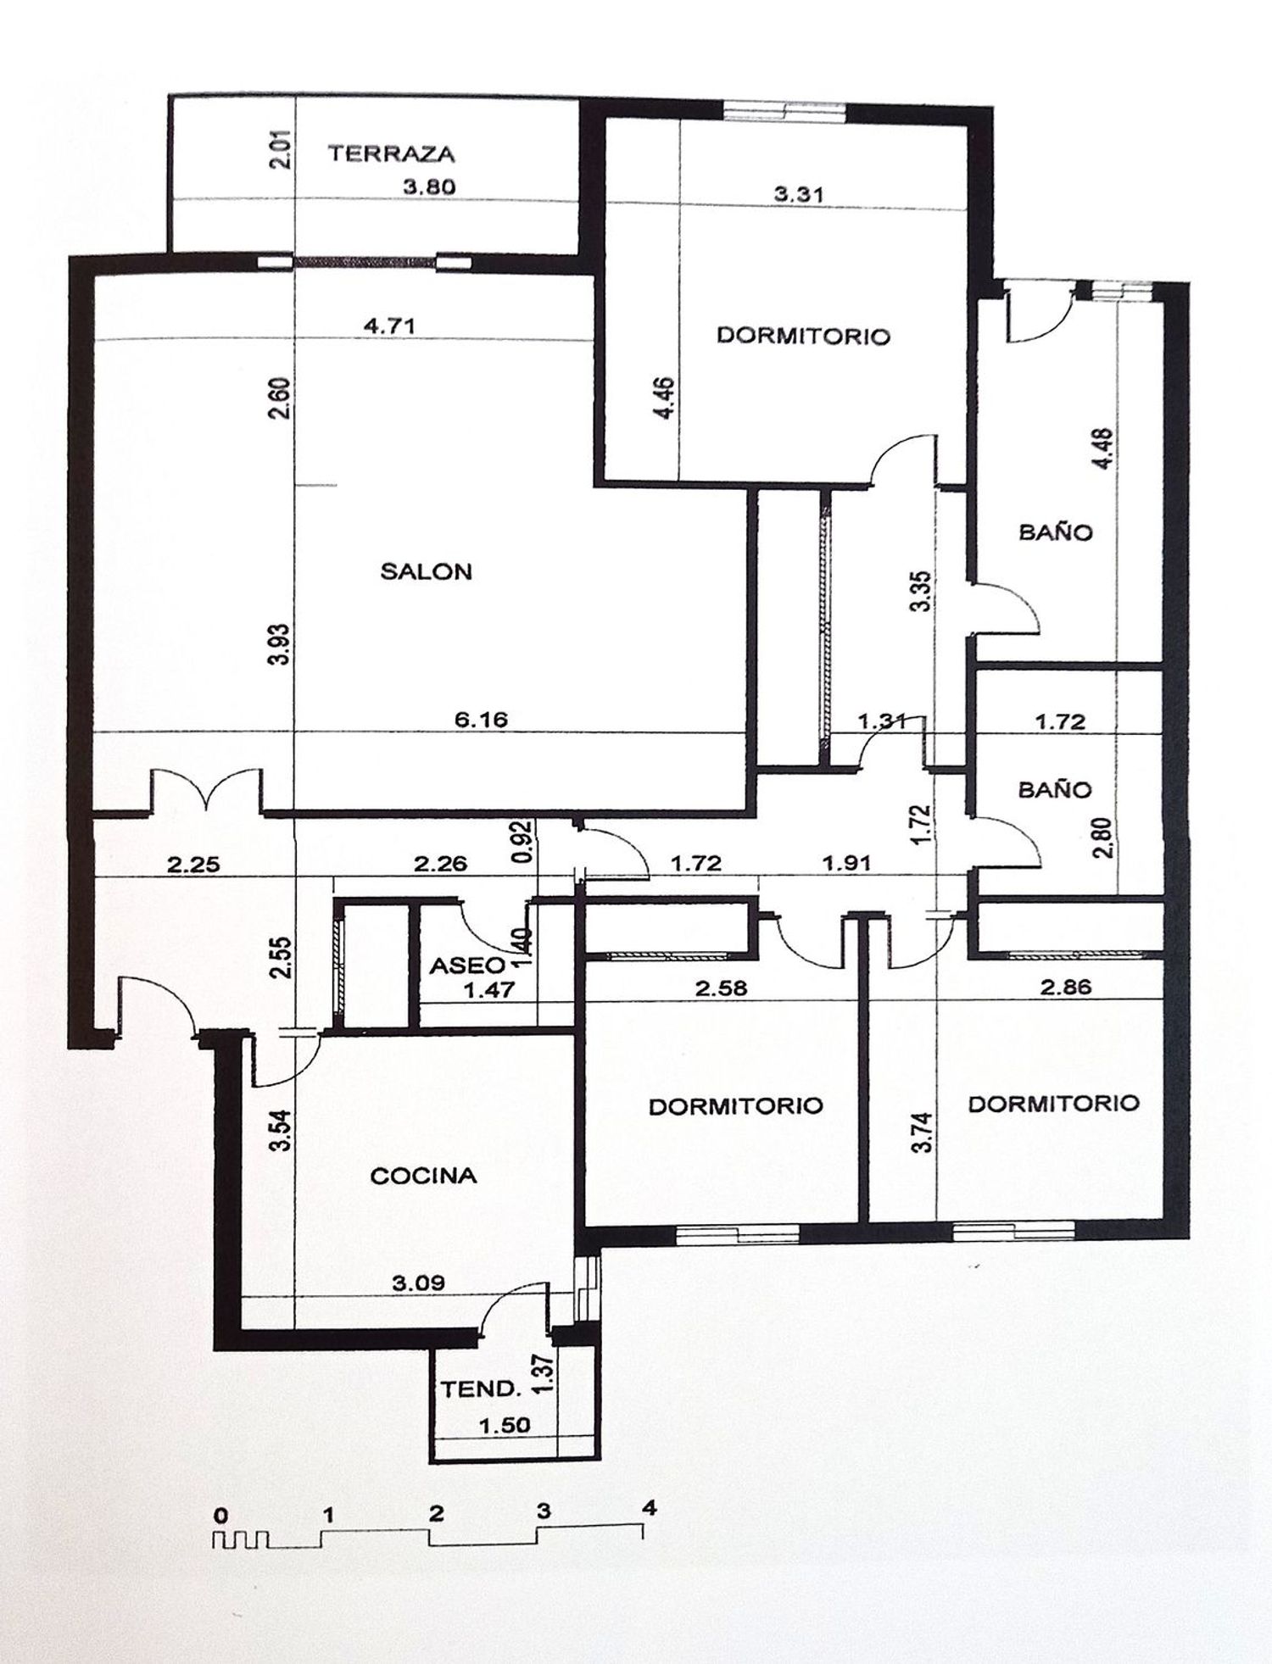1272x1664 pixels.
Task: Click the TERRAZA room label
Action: [x=391, y=153]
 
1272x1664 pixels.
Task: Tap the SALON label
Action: [x=426, y=571]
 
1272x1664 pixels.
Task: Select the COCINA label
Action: [x=424, y=1176]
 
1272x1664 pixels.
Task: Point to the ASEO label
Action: [x=466, y=966]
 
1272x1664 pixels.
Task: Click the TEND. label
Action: [x=480, y=1389]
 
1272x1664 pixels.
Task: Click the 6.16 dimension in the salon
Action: [x=481, y=720]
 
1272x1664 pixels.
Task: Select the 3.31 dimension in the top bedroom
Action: [x=798, y=194]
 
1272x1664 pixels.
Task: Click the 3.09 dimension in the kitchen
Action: [x=418, y=1283]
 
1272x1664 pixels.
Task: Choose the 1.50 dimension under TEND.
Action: [x=505, y=1425]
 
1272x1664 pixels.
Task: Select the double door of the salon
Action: [x=206, y=790]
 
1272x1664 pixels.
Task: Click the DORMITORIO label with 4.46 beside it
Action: [x=804, y=336]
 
